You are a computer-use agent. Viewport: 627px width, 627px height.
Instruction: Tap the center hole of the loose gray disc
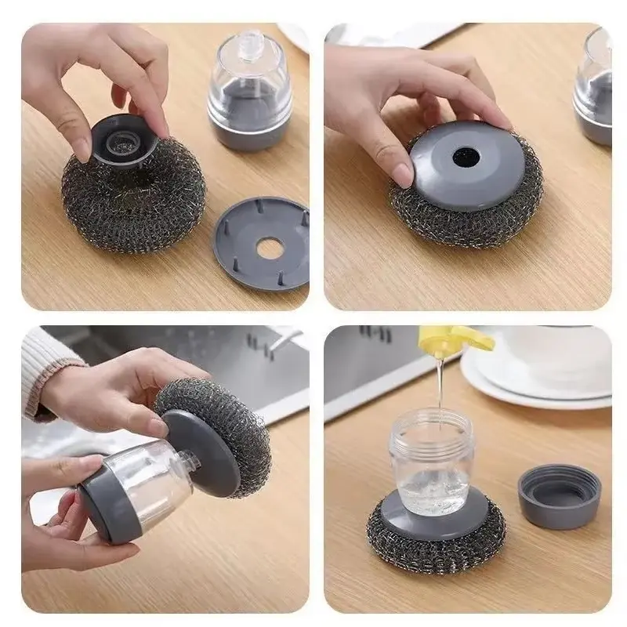[268, 249]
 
